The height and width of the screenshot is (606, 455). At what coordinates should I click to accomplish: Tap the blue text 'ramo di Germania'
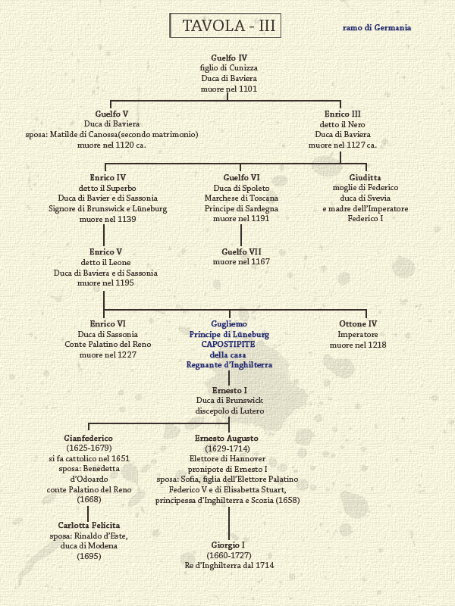377,28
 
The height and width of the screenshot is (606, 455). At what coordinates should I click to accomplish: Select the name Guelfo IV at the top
229,58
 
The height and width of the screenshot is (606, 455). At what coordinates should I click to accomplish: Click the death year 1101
248,89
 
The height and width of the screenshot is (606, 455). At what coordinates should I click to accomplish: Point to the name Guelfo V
111,114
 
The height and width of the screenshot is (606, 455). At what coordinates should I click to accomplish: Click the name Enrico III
343,114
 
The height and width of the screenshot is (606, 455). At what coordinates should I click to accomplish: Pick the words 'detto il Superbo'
108,188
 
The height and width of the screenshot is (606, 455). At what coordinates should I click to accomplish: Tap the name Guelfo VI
241,177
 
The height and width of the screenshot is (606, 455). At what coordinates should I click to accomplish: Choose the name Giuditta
365,177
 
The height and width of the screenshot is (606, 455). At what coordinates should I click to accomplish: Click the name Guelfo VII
241,251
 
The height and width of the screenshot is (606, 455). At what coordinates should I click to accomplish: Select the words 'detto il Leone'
105,262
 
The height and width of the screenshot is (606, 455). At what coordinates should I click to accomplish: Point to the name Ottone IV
358,324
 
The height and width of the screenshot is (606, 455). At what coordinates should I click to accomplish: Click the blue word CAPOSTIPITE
228,345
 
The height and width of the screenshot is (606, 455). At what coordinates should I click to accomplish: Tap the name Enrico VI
108,324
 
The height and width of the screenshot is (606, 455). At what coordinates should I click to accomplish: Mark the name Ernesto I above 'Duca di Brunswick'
230,390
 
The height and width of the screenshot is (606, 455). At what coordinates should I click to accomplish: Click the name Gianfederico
88,439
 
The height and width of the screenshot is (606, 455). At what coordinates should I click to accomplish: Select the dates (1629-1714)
227,448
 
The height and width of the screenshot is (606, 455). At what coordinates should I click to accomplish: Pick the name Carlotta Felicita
89,526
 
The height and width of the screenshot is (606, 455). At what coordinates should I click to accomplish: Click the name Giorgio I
228,545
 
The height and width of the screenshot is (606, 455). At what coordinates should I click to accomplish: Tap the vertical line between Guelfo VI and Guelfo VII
241,236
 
